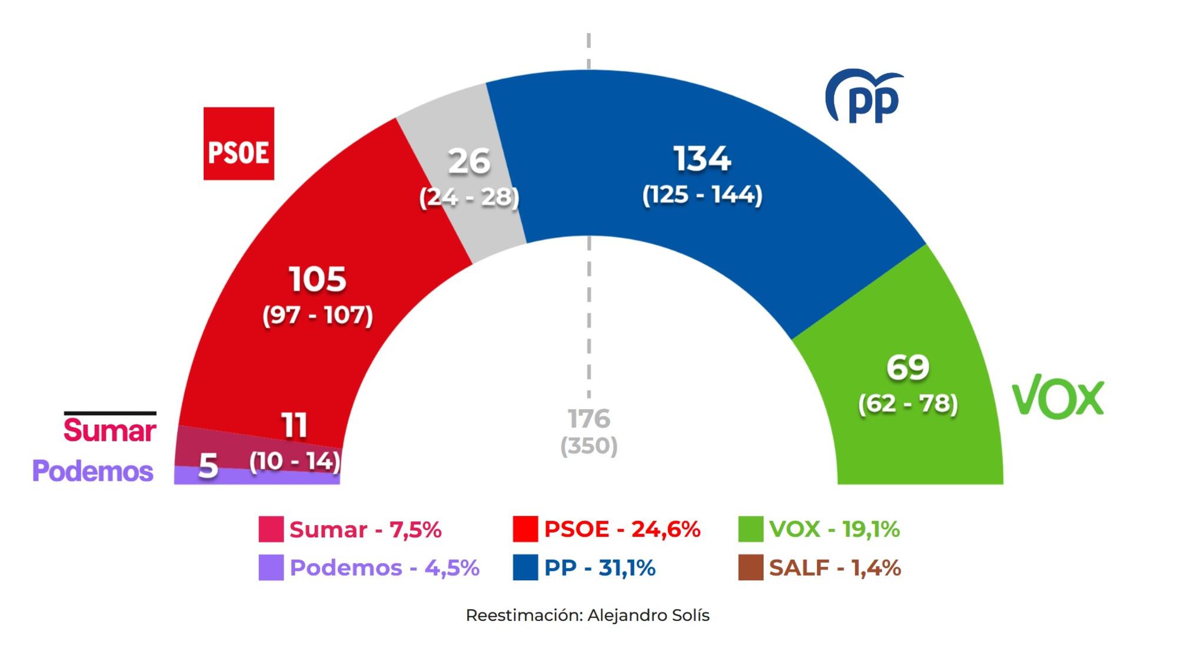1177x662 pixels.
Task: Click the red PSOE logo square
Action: (x=238, y=144)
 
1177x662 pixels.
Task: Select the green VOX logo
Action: (x=1058, y=397)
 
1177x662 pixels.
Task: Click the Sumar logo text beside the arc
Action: (x=110, y=430)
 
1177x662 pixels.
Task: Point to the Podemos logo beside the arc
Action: (x=93, y=471)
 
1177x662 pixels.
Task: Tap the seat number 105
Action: (x=317, y=280)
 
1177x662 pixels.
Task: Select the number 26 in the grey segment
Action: (x=469, y=161)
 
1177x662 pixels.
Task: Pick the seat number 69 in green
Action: (x=907, y=367)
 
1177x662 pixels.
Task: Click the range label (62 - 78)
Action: (x=907, y=404)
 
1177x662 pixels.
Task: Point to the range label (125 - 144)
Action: (x=701, y=195)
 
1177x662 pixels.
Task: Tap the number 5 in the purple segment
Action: (x=208, y=467)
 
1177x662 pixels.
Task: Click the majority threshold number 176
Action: (x=588, y=419)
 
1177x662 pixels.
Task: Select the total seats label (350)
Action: (x=588, y=446)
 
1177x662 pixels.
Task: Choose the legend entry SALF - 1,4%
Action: (x=834, y=568)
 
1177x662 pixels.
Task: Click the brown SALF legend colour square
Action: (x=750, y=568)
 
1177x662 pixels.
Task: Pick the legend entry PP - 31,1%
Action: (x=599, y=568)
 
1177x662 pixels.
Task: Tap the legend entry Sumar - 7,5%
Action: (x=365, y=530)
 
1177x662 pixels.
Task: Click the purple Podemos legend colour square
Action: (x=271, y=568)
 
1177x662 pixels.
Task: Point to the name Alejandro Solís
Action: (x=648, y=616)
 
